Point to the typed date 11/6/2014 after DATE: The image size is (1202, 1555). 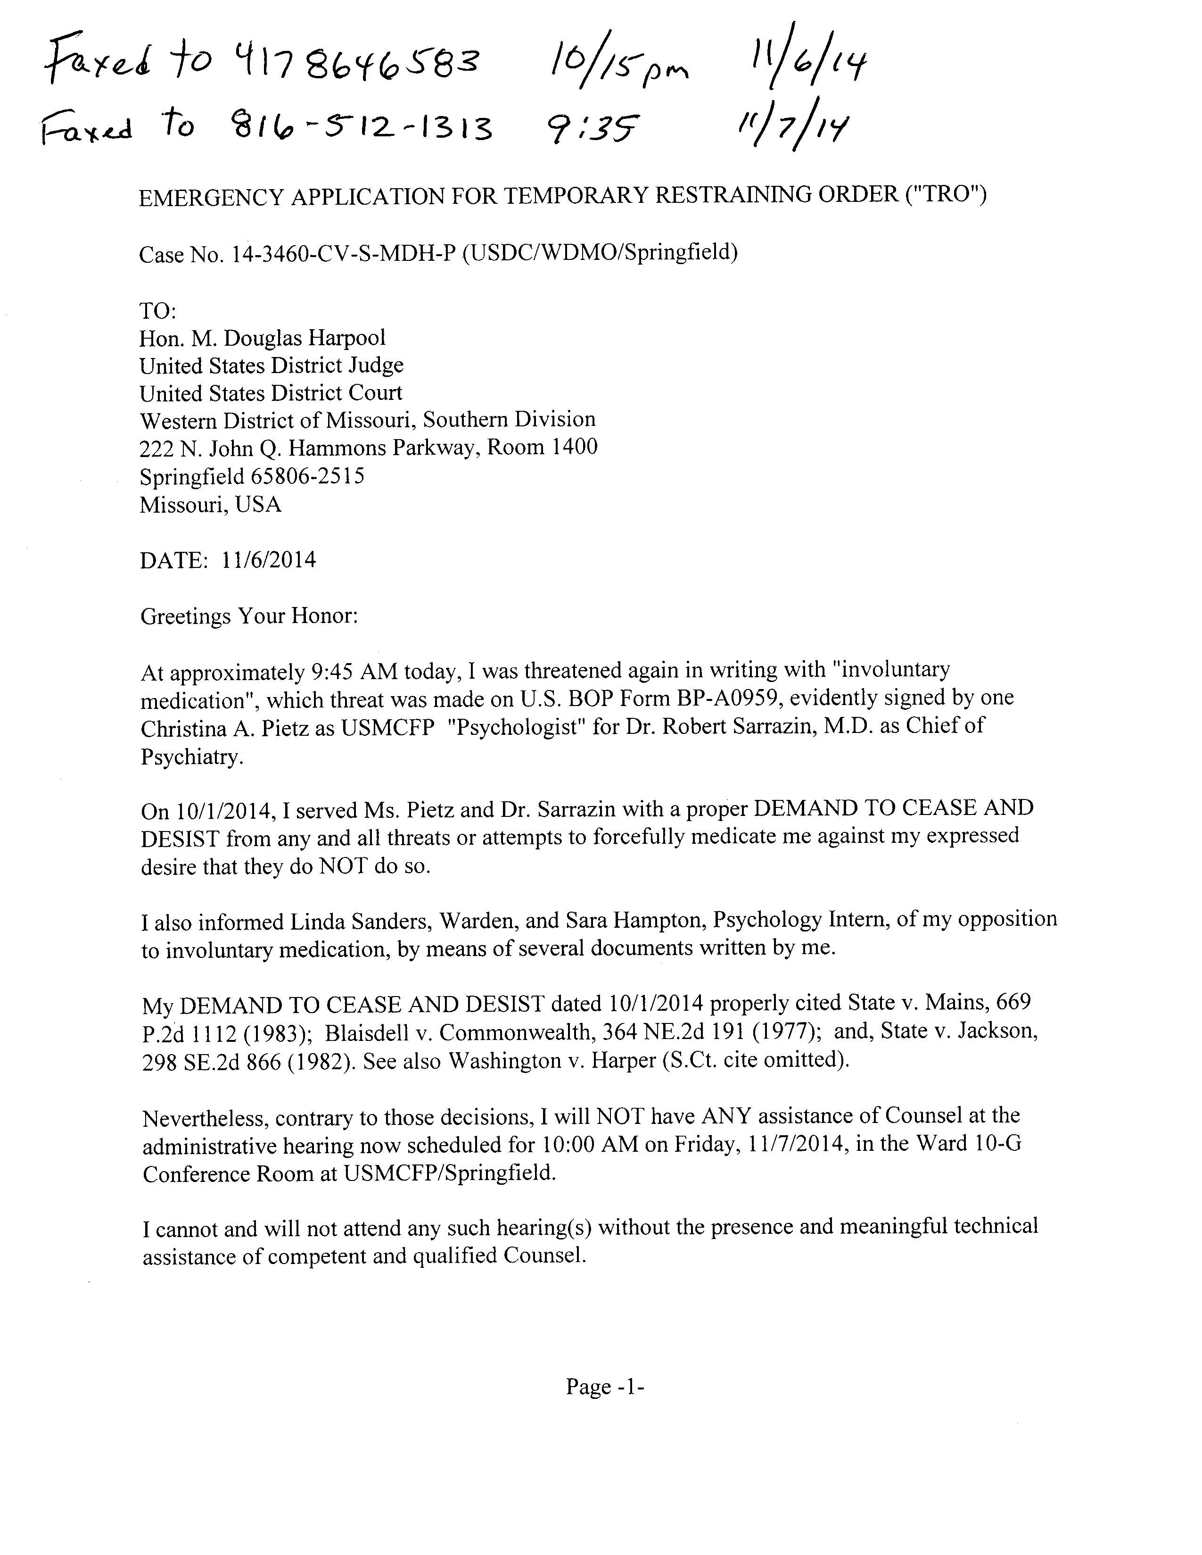click(x=268, y=560)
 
